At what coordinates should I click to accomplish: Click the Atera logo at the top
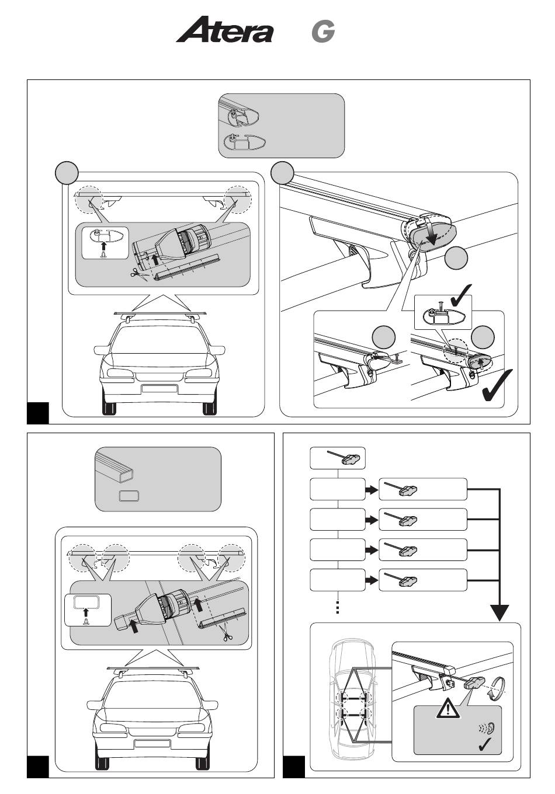click(224, 29)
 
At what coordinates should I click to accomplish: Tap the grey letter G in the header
click(323, 32)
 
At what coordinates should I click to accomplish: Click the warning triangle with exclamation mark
click(448, 708)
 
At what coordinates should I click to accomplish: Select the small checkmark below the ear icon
click(485, 744)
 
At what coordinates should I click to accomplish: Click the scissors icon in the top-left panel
click(138, 273)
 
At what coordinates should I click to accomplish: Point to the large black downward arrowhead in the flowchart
click(500, 612)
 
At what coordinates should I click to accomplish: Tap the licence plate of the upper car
click(159, 388)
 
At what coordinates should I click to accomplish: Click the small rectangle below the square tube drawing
click(129, 496)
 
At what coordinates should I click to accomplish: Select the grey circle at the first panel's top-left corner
click(67, 173)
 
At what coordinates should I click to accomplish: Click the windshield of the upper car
click(159, 340)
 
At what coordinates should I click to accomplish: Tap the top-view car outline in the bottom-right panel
click(352, 702)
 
